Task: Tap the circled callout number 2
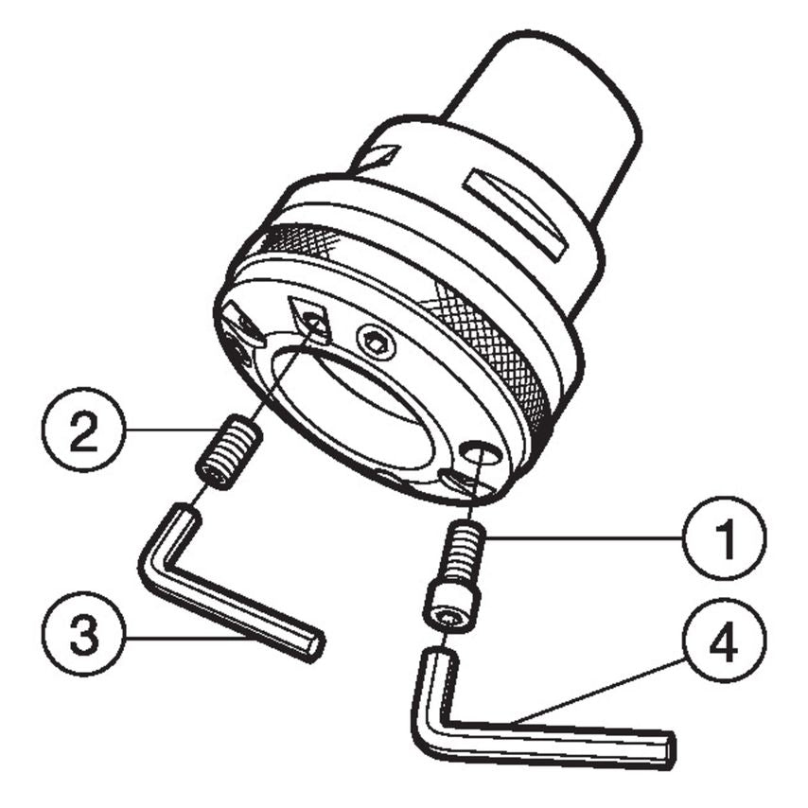pyautogui.click(x=86, y=430)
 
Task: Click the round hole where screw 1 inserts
pyautogui.click(x=478, y=454)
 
